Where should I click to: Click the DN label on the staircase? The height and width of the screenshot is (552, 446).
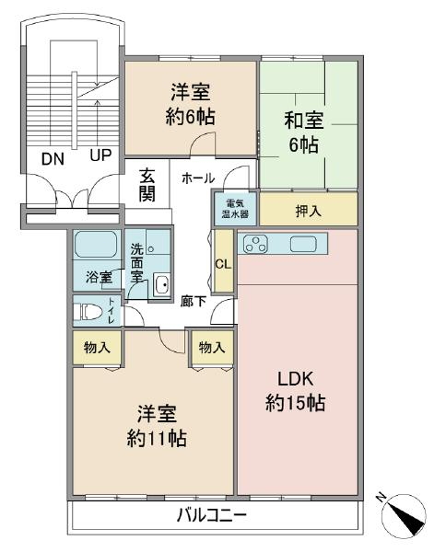tap(53, 159)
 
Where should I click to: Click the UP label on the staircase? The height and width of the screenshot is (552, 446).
tap(100, 155)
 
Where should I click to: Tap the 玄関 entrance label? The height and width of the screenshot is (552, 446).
tap(147, 185)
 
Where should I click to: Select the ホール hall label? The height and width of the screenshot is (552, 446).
tap(198, 178)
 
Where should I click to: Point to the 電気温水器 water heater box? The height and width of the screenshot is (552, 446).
tap(235, 208)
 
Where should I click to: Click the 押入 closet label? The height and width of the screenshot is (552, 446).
tap(309, 211)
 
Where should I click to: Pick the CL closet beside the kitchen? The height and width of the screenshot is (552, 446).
tap(224, 261)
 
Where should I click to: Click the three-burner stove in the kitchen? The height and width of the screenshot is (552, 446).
tap(255, 244)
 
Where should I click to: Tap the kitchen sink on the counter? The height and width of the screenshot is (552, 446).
tap(303, 244)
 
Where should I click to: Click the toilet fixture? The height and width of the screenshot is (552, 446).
tap(88, 312)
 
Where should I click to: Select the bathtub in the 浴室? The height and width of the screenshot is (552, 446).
tap(96, 244)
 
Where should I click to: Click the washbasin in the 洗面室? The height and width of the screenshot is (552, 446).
tap(162, 284)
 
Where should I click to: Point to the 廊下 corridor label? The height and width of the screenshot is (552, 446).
tap(194, 302)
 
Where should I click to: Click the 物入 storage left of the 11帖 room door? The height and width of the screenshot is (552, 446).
tap(97, 348)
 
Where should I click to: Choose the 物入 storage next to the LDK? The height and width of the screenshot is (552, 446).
tap(212, 348)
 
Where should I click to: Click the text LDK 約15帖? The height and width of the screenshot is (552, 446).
tap(295, 391)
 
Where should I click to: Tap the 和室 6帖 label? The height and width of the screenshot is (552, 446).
tap(304, 132)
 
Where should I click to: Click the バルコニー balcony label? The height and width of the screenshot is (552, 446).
tap(212, 516)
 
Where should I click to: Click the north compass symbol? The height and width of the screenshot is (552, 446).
tap(403, 514)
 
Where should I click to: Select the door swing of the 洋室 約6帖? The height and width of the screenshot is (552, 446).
tap(203, 143)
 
